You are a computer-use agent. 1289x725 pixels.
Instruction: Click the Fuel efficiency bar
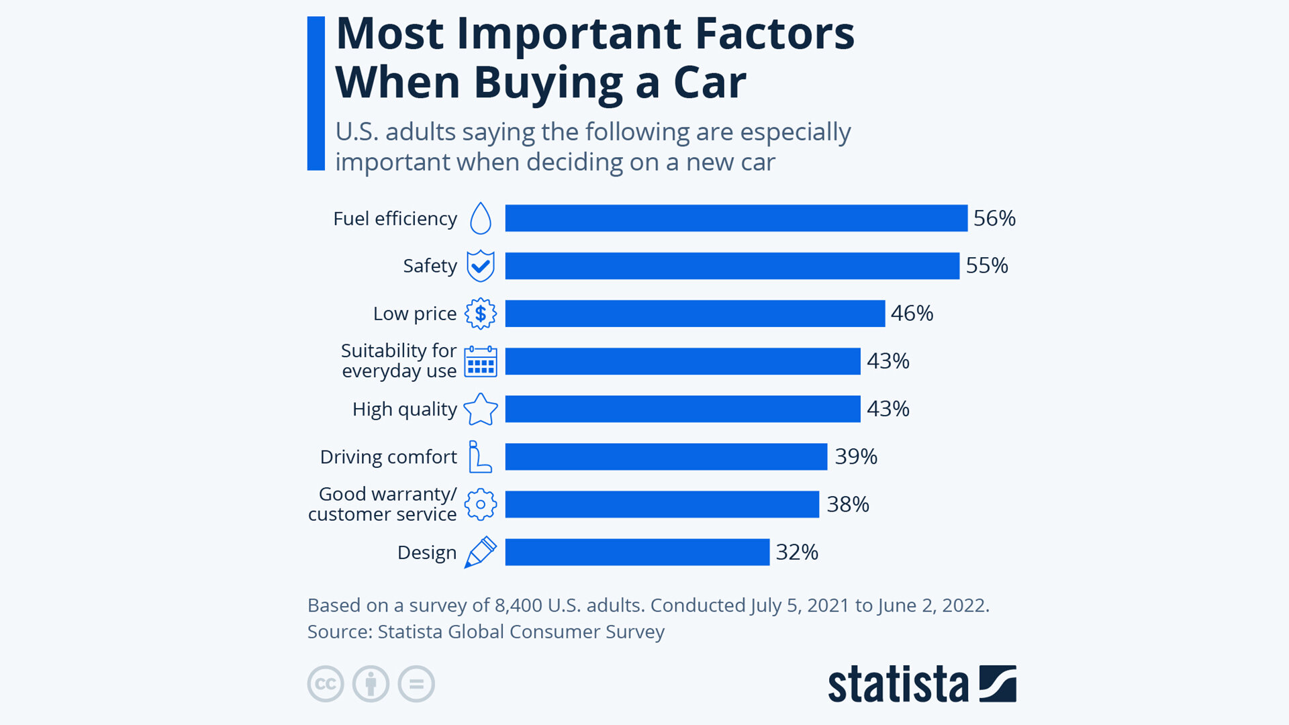(x=736, y=218)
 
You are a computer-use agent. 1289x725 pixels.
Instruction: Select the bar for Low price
(x=695, y=313)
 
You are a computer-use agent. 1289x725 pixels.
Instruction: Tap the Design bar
(x=637, y=552)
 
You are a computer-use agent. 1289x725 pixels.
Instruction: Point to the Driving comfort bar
(x=666, y=456)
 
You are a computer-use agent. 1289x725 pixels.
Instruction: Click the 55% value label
(x=987, y=266)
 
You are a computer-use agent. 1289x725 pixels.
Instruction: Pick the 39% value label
(x=856, y=456)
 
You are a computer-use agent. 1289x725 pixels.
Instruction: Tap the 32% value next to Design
(x=797, y=552)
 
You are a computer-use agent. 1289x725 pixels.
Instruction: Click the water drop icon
(x=481, y=218)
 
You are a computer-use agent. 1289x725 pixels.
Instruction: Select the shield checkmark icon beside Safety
(x=481, y=266)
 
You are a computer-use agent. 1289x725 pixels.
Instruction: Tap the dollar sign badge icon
(x=481, y=313)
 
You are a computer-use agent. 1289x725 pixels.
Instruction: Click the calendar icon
(x=481, y=361)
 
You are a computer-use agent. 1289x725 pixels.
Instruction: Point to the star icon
(x=481, y=409)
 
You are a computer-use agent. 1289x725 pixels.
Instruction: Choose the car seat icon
(x=479, y=456)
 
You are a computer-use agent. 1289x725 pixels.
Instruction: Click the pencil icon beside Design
(x=481, y=552)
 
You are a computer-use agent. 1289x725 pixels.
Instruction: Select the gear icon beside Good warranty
(x=481, y=504)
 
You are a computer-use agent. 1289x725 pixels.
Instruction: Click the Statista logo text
(x=898, y=684)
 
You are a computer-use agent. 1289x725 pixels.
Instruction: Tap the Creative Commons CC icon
(x=326, y=684)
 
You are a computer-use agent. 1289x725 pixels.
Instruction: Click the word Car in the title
(x=710, y=83)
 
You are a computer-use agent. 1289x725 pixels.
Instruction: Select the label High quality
(x=405, y=409)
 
